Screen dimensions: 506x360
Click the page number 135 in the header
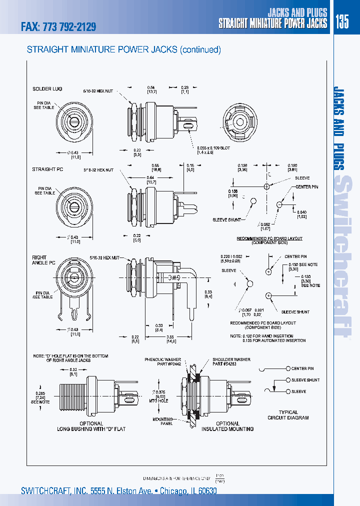click(342, 22)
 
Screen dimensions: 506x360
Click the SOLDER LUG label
click(44, 88)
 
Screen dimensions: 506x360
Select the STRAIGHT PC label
click(44, 169)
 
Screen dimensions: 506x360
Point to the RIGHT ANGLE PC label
click(40, 260)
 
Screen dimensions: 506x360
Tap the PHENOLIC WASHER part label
click(162, 362)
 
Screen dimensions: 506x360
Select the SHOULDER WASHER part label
click(230, 362)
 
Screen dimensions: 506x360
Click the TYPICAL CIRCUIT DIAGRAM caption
click(287, 414)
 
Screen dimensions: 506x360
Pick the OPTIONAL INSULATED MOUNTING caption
click(227, 426)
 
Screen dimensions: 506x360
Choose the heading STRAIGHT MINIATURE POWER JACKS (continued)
click(123, 49)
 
